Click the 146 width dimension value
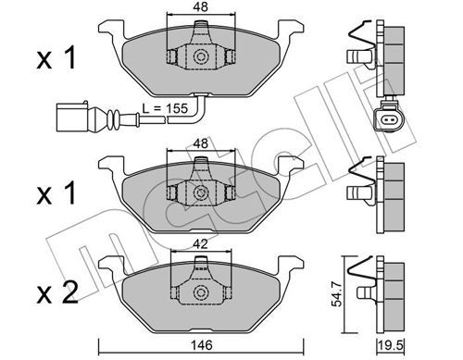click(202, 345)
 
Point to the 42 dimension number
click(201, 244)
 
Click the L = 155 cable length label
click(165, 108)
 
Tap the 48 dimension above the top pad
click(201, 6)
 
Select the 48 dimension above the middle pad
click(201, 143)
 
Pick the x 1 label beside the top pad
click(56, 58)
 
